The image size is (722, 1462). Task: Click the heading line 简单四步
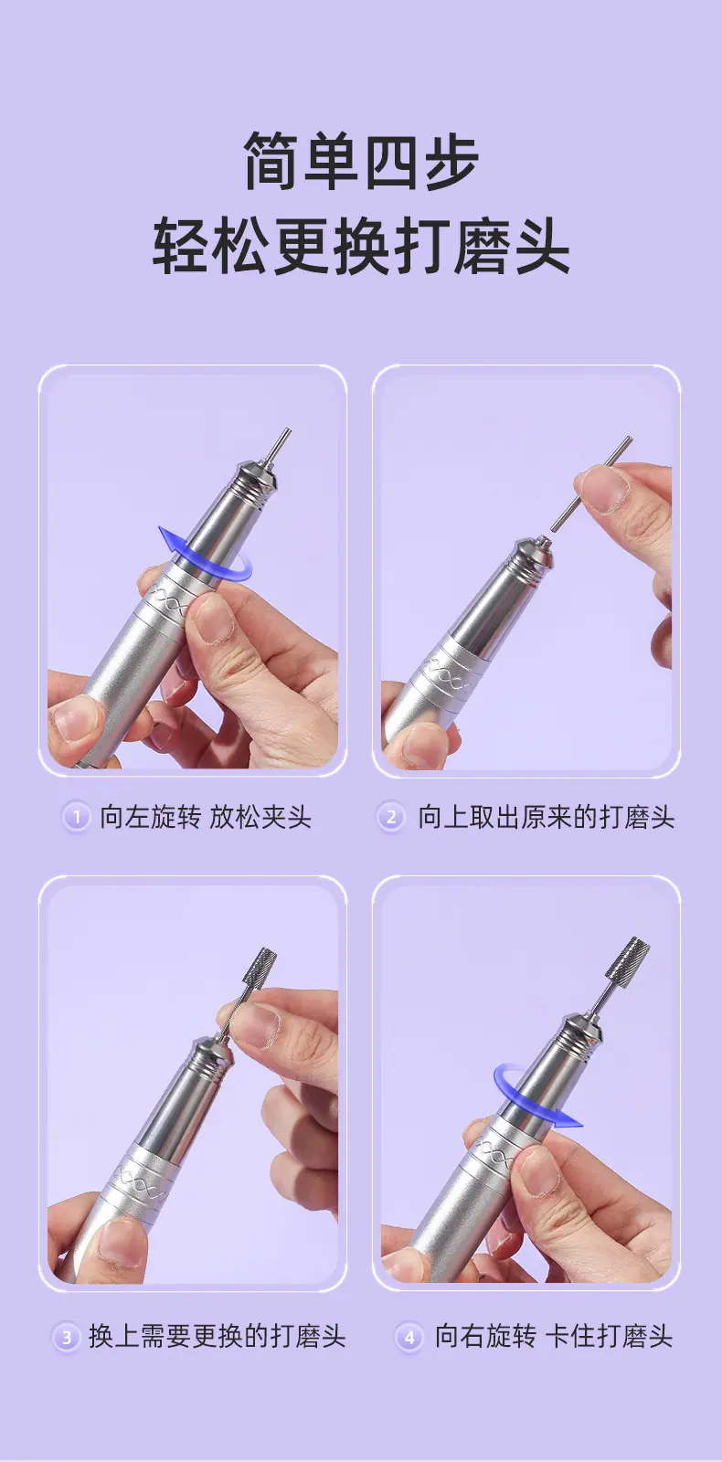tap(361, 161)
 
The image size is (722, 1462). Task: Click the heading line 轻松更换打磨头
tap(361, 247)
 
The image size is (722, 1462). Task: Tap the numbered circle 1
tap(77, 817)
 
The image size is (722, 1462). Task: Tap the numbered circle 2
tap(391, 817)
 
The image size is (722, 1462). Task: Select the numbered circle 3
tap(66, 1338)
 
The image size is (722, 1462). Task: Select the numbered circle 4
tap(409, 1338)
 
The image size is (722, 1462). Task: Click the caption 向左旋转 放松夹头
tap(205, 817)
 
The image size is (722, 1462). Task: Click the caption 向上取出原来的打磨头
tap(546, 817)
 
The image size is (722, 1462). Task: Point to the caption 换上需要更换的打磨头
tap(217, 1337)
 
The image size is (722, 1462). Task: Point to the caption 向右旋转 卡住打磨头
tap(554, 1337)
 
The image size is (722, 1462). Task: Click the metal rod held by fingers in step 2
tap(590, 483)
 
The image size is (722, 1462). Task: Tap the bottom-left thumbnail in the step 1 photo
tap(74, 720)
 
